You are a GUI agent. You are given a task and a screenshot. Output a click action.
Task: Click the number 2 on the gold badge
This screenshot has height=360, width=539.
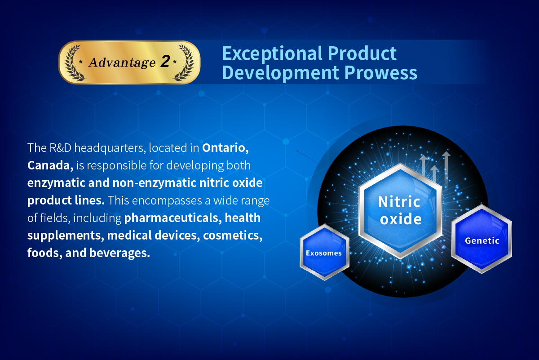[165, 61]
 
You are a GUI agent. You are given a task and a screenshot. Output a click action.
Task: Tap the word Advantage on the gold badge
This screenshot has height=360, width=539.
[122, 62]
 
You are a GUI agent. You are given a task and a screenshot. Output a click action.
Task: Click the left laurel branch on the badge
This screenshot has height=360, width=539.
[73, 62]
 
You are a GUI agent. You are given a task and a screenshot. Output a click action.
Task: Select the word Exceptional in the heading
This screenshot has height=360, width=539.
[272, 54]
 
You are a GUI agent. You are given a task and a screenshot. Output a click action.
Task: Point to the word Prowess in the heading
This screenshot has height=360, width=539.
[381, 73]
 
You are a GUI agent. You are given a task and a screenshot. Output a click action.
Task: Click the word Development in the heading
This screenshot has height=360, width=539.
[280, 73]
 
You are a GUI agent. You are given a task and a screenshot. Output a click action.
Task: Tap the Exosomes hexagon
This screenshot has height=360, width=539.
[324, 252]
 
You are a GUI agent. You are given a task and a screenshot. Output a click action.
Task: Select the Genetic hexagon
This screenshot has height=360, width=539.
[482, 239]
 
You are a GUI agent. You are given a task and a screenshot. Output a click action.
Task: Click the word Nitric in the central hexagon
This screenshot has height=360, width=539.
[399, 202]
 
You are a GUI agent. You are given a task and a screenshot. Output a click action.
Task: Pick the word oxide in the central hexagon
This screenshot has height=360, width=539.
[401, 219]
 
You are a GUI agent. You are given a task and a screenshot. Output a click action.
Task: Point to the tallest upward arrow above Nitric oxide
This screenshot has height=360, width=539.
[446, 168]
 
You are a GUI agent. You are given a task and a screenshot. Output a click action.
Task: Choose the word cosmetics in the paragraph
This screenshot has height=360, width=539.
[233, 235]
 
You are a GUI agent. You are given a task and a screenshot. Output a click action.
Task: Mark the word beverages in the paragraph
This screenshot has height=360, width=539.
[119, 253]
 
